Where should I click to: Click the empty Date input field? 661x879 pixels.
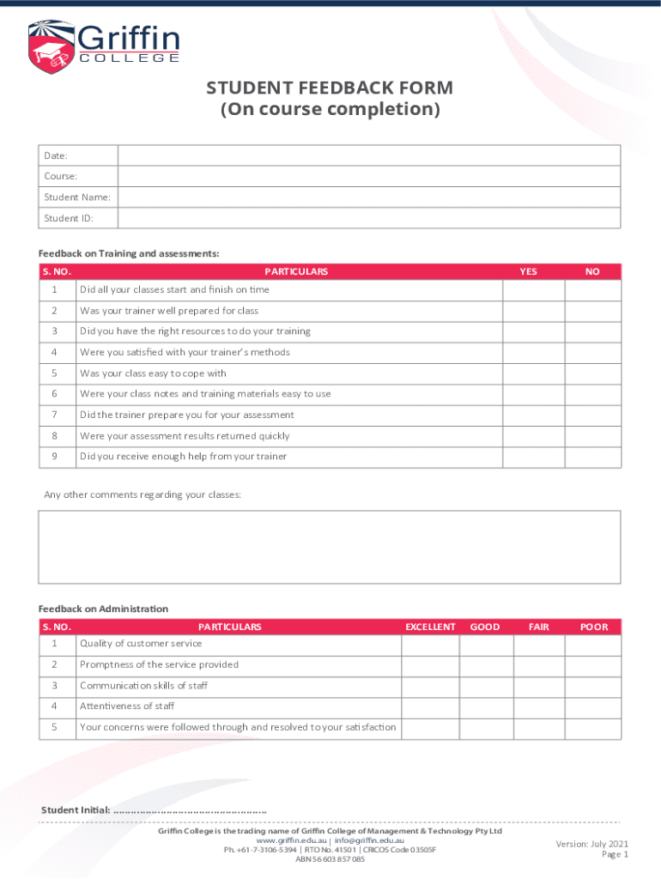point(368,155)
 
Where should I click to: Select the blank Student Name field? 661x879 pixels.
point(368,197)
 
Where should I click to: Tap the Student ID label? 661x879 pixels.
point(69,218)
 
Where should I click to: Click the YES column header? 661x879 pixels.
point(529,271)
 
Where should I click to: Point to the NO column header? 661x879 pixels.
point(592,271)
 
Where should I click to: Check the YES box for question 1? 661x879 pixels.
point(533,290)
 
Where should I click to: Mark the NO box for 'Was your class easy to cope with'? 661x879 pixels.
point(592,373)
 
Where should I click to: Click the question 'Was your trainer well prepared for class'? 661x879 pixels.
point(169,311)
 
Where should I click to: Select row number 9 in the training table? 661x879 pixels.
point(54,457)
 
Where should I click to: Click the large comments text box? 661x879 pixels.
point(329,547)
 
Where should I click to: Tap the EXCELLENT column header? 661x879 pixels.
point(430,627)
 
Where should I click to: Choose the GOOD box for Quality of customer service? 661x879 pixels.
point(486,644)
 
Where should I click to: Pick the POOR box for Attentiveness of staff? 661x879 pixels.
point(593,706)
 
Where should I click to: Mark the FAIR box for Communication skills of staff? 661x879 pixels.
point(540,686)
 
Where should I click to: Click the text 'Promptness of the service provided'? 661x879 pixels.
point(159,664)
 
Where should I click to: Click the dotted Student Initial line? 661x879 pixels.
point(190,811)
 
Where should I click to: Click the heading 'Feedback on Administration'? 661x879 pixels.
point(103,609)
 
